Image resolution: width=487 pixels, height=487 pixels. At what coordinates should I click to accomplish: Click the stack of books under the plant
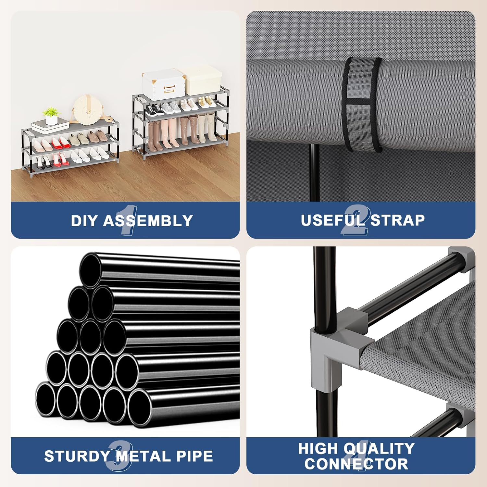(x=51, y=125)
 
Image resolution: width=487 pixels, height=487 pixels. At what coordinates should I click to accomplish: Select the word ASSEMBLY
(x=148, y=221)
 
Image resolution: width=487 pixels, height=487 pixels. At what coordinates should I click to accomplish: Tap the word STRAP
(x=398, y=220)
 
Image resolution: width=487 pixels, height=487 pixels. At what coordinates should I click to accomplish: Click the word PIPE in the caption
(x=195, y=456)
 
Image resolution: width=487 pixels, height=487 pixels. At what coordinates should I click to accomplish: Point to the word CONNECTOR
(x=356, y=464)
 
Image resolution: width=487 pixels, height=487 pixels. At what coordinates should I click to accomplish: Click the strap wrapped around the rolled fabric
(x=363, y=104)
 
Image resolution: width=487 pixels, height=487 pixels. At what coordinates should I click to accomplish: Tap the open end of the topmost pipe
(x=91, y=270)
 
